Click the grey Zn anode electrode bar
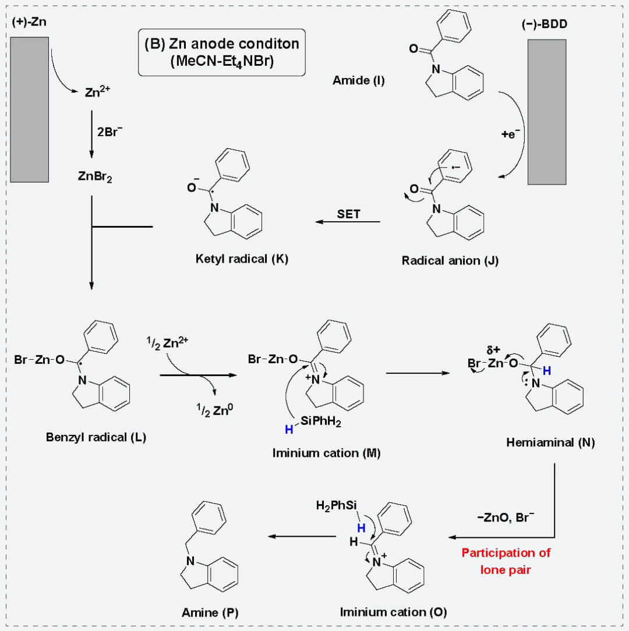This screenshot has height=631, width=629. [29, 109]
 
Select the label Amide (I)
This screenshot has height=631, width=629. [358, 81]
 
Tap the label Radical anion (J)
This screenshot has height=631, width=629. [450, 260]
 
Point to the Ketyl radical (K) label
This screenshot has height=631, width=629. [242, 258]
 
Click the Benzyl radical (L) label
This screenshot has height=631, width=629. [96, 437]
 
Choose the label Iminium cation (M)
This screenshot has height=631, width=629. [326, 452]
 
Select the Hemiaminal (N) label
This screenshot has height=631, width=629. [550, 443]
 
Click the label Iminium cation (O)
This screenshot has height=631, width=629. [393, 612]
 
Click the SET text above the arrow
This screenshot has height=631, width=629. [348, 214]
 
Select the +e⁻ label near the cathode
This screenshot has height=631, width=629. [510, 134]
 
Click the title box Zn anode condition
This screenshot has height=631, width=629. [222, 52]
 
